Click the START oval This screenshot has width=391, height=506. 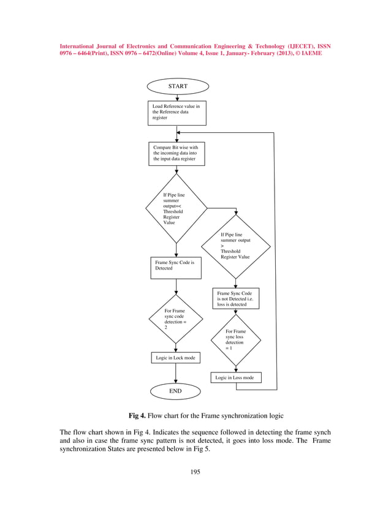[x=177, y=86]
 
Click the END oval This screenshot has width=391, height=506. [x=176, y=390]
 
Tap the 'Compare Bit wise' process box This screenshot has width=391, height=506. [x=177, y=154]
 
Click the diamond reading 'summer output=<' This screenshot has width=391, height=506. [x=176, y=208]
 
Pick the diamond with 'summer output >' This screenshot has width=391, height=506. [x=235, y=246]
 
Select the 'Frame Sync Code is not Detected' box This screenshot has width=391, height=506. [x=236, y=299]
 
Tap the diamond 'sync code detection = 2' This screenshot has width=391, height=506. [x=176, y=319]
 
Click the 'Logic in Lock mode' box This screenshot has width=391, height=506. [x=176, y=358]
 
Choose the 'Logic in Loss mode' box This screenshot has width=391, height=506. [x=236, y=378]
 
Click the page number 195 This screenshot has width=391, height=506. [x=195, y=472]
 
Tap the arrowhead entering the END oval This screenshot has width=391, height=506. [x=176, y=382]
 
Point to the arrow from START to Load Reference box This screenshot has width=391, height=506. [x=177, y=97]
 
